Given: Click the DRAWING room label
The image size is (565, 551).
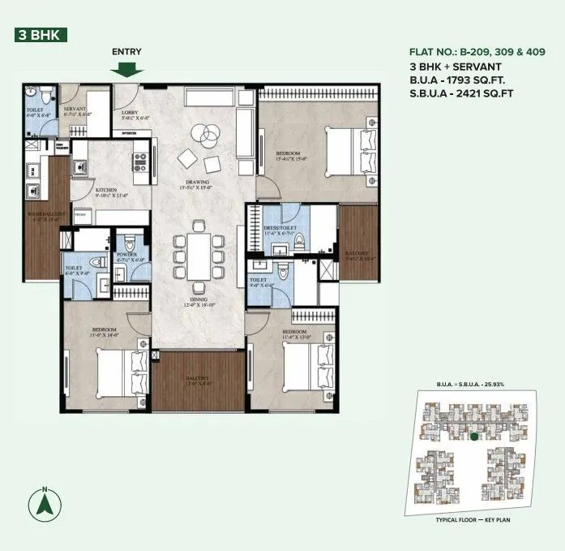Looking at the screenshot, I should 198,183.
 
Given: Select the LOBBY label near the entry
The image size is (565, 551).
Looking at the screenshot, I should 130,112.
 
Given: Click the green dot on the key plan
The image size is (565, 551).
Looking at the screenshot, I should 473,437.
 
